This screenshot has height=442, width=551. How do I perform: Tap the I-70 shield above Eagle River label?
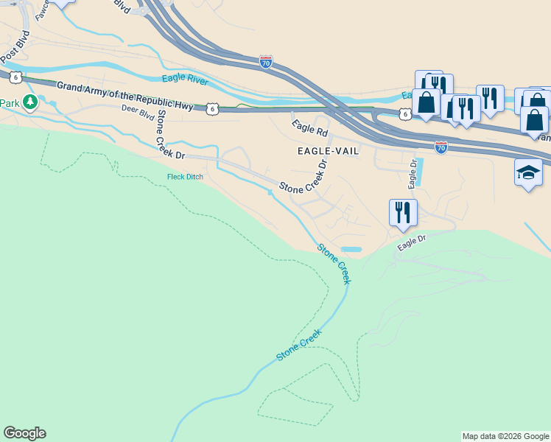(x=266, y=62)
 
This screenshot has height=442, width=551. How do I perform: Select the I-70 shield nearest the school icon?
(x=441, y=147)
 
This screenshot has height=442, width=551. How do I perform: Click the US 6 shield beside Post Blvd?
(x=15, y=76)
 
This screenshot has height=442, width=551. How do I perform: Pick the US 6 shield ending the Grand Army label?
(x=211, y=108)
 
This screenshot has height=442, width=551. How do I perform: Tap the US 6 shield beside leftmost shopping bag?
(x=404, y=113)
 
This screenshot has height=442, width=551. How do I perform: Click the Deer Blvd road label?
(x=138, y=114)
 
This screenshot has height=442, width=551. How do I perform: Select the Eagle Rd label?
(x=309, y=128)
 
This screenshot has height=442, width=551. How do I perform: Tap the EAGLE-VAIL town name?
(x=328, y=150)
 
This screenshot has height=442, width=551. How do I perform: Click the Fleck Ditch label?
(x=185, y=177)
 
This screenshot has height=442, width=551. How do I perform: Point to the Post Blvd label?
(x=15, y=46)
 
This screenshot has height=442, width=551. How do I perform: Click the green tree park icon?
(x=30, y=102)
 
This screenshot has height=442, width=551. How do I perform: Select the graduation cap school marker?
(x=528, y=173)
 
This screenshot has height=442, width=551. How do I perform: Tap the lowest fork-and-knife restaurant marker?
(x=403, y=212)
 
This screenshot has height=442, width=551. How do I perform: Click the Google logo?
(x=24, y=433)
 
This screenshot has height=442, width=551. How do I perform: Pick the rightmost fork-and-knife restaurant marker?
(x=490, y=98)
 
